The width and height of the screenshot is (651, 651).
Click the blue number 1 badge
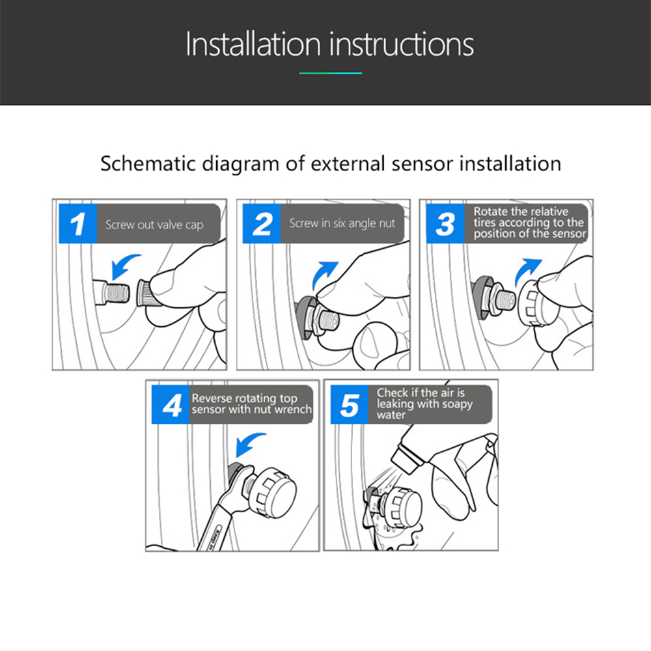coord(77,223)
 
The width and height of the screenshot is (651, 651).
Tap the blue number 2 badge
coord(262,223)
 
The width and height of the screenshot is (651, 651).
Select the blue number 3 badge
coord(445,223)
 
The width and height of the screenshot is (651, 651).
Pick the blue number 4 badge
coord(171,404)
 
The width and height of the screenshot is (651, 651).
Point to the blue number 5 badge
coord(349,404)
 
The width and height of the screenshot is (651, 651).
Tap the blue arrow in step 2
coord(324,273)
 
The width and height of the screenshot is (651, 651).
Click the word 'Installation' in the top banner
coord(253,44)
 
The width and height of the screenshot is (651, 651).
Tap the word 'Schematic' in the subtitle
coord(148,163)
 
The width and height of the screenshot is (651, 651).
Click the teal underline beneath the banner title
coord(331,73)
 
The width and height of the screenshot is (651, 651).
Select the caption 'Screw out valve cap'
coord(154,225)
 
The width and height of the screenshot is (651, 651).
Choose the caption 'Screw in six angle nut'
coord(342,223)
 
